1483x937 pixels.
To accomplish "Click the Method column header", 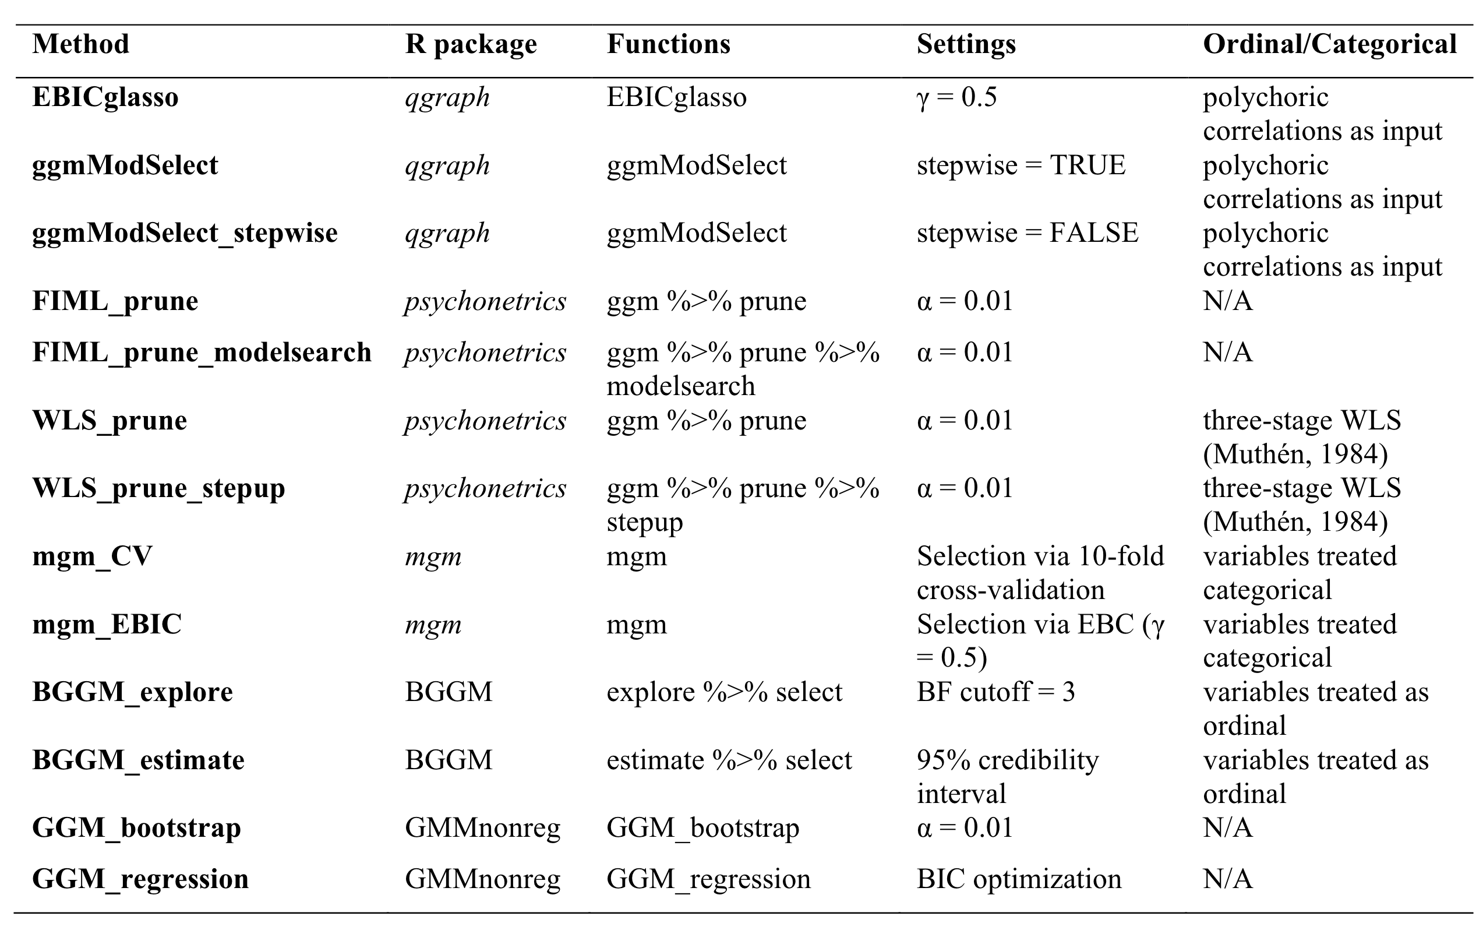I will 81,44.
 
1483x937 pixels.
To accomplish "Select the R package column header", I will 471,44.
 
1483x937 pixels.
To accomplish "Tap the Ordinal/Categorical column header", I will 1329,44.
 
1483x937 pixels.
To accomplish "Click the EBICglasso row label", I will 105,97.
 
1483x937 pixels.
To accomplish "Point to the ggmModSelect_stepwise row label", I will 185,233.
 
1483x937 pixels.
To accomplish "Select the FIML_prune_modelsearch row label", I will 202,353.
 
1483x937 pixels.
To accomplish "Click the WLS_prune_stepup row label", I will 158,488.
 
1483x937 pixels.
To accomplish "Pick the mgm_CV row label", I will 92,556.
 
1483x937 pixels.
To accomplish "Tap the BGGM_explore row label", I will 132,692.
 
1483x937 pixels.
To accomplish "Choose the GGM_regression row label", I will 140,879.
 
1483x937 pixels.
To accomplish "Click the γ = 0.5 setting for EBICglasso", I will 956,97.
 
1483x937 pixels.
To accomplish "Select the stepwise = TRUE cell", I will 1021,165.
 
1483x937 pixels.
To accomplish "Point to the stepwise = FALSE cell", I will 1027,233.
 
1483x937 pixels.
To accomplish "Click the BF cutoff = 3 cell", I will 995,692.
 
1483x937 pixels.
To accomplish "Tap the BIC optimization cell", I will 1019,879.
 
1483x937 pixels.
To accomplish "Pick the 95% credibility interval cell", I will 1007,776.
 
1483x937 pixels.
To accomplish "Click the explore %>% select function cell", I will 723,692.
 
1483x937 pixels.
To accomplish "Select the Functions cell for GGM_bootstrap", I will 702,828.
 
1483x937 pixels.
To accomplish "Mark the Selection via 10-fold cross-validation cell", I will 1040,573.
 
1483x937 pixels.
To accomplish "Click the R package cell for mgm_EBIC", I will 433,625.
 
